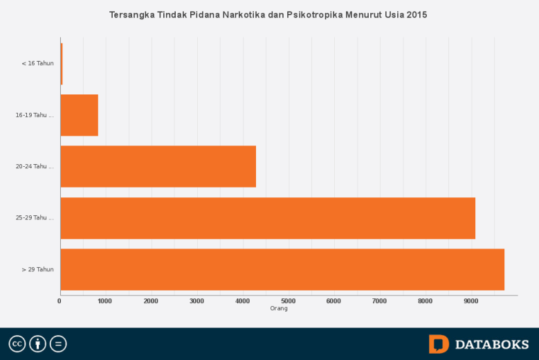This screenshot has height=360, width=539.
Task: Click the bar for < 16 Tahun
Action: [61, 64]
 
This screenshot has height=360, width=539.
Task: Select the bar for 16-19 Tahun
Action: [79, 115]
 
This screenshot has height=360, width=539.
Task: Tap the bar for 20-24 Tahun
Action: [158, 166]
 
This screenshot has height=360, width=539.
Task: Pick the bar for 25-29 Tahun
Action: [268, 218]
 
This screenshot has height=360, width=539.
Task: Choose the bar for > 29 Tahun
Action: [282, 269]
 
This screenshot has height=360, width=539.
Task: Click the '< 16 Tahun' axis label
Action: [37, 64]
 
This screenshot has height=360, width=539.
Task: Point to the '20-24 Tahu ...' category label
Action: [35, 166]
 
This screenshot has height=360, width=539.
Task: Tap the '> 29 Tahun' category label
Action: [37, 269]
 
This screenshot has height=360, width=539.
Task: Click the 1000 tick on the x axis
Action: [105, 301]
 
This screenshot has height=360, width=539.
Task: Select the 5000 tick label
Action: [288, 301]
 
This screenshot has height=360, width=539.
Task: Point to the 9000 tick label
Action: [471, 301]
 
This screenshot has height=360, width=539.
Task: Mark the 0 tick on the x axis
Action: [60, 301]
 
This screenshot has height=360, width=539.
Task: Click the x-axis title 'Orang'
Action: [279, 309]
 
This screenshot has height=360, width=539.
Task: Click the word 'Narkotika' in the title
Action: [245, 15]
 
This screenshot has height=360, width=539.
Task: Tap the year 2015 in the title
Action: [417, 15]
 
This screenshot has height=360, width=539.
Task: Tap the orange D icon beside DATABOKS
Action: [439, 344]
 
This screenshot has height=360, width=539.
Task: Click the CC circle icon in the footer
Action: [17, 344]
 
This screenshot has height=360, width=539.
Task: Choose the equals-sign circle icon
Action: [58, 344]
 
